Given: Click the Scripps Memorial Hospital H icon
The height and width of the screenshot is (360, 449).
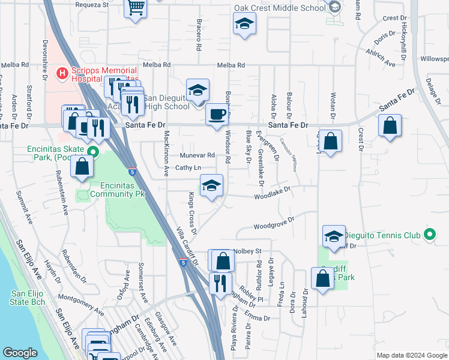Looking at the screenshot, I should [61, 74].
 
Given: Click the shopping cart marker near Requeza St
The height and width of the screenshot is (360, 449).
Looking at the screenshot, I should [136, 8].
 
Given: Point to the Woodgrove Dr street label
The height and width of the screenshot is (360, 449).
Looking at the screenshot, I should [273, 224].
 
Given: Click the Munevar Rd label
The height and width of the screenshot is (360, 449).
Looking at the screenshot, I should [197, 155].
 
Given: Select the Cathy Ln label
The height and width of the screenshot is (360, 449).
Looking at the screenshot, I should [187, 167].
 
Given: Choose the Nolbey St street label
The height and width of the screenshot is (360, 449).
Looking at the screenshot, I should [249, 250].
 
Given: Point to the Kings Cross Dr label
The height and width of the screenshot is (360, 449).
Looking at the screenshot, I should [192, 212].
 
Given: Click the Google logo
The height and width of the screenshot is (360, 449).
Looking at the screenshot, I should [20, 353].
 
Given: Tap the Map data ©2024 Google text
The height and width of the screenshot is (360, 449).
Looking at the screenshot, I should [411, 355].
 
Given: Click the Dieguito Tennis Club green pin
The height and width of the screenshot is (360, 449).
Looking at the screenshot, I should [429, 235].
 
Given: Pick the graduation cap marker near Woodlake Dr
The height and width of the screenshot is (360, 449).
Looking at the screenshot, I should [211, 186].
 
